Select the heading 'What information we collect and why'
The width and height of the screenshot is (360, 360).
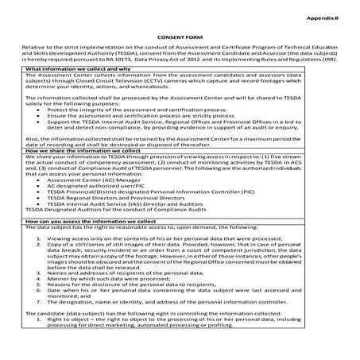pyautogui.click(x=76, y=69)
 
